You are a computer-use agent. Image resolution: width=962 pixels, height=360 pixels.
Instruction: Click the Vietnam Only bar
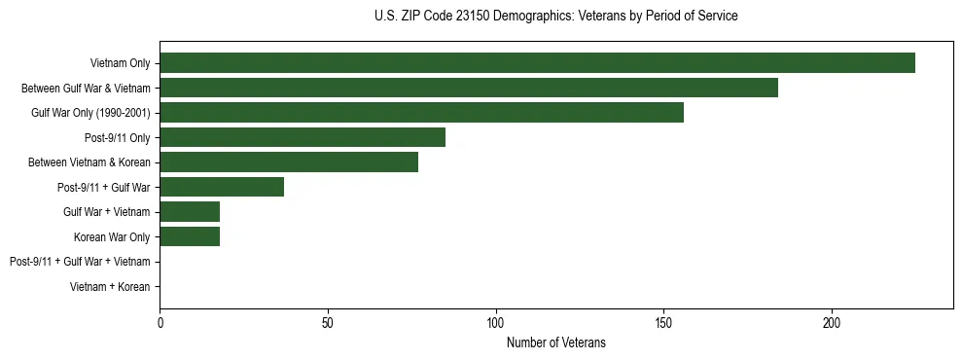pyautogui.click(x=537, y=63)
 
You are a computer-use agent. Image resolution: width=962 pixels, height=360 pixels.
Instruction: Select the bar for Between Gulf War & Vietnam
pyautogui.click(x=469, y=88)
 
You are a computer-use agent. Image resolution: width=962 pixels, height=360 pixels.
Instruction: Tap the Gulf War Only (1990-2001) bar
pyautogui.click(x=421, y=113)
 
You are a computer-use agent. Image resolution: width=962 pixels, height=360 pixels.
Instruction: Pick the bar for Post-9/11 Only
pyautogui.click(x=303, y=137)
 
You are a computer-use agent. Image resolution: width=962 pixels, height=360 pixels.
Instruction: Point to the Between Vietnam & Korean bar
pyautogui.click(x=289, y=162)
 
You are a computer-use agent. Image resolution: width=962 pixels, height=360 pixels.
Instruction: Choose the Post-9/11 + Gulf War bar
pyautogui.click(x=222, y=187)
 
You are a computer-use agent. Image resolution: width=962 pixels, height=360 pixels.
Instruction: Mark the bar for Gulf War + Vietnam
pyautogui.click(x=190, y=212)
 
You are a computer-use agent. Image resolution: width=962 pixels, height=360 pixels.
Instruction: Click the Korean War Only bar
pyautogui.click(x=190, y=236)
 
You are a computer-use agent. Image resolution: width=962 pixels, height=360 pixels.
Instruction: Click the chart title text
pyautogui.click(x=555, y=17)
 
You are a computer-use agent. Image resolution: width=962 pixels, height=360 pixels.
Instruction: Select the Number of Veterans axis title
pyautogui.click(x=555, y=342)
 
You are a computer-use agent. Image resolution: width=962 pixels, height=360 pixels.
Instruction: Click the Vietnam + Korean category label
pyautogui.click(x=110, y=287)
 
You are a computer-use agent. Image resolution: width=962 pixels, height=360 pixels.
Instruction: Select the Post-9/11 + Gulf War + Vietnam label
pyautogui.click(x=80, y=262)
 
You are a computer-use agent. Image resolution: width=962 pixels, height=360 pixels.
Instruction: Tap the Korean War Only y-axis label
pyautogui.click(x=112, y=236)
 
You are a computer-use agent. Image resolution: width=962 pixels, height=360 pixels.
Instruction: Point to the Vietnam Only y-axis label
pyautogui.click(x=120, y=63)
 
